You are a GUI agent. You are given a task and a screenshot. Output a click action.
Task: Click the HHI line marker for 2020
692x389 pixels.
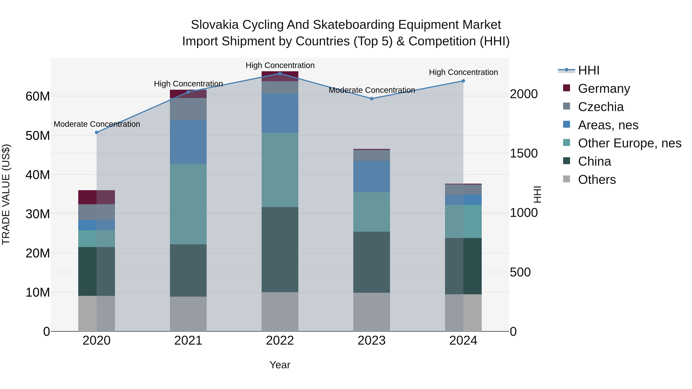[97, 132]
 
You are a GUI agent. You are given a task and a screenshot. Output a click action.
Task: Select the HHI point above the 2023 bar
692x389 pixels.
[372, 99]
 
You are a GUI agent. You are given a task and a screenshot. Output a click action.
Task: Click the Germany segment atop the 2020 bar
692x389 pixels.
[96, 197]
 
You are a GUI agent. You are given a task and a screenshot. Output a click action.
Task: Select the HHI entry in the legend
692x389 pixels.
[588, 70]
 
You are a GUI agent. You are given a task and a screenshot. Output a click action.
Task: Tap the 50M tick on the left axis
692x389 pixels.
[38, 136]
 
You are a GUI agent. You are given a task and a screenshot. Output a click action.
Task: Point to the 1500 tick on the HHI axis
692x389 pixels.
[524, 153]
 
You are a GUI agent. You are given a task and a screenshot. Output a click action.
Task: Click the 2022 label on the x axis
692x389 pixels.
[280, 341]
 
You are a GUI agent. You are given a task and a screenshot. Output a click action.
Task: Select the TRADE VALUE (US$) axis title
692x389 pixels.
[6, 194]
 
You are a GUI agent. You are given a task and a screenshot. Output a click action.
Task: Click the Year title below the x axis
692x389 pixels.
[280, 365]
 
